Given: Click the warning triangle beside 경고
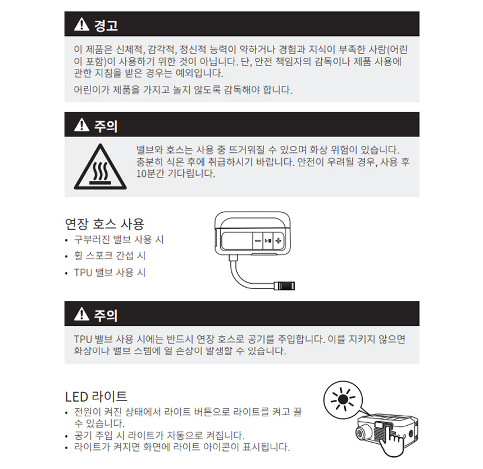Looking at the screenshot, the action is [x=81, y=24].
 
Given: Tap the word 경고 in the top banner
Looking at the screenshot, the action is [x=106, y=25].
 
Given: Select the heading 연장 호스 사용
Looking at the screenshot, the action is [x=104, y=224].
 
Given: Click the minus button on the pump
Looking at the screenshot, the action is [x=258, y=240].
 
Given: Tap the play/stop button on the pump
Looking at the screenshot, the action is [x=268, y=240].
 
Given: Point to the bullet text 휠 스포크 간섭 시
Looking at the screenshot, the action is [x=110, y=256].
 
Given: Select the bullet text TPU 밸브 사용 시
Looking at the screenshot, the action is [x=110, y=272].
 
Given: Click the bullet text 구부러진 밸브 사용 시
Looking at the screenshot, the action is [x=119, y=239].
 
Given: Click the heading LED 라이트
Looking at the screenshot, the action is [x=96, y=397].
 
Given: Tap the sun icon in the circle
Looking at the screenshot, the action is [x=343, y=400].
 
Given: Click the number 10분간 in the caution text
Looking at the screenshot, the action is [x=152, y=174].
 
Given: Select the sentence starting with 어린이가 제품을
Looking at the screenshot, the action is [x=183, y=90].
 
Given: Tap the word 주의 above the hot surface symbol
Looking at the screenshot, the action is [x=106, y=126].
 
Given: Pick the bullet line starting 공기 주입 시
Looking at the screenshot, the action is [x=160, y=435].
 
